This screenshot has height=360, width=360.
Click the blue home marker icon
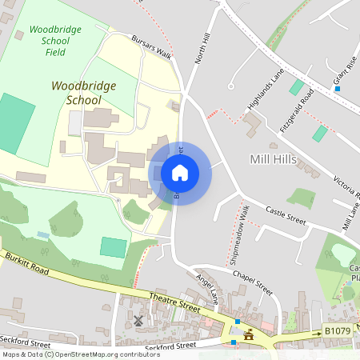coord(180,172)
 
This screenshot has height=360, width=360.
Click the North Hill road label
coord(203,49)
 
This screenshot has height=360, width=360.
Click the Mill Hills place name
coord(273,160)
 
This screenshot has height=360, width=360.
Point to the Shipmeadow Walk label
coord(240,234)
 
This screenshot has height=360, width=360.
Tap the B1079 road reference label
coord(338,329)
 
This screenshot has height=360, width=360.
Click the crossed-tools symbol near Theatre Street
coord(138,321)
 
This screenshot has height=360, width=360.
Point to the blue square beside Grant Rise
coord(337,89)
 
